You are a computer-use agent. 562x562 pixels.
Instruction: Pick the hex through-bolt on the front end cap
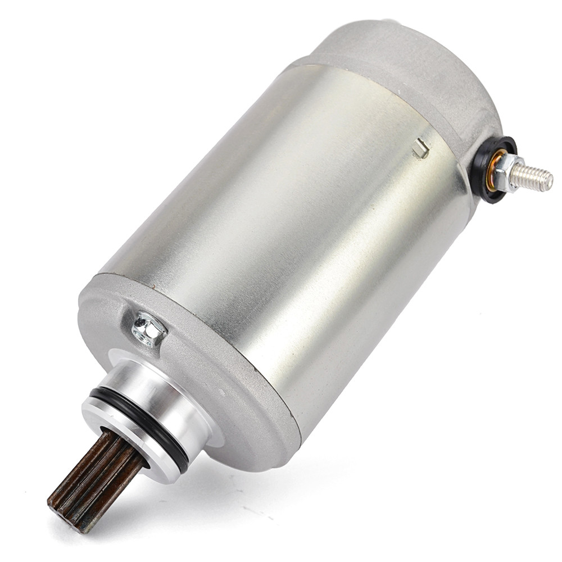pos(148,329)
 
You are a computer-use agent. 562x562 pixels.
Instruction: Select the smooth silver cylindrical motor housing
pos(281,214)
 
